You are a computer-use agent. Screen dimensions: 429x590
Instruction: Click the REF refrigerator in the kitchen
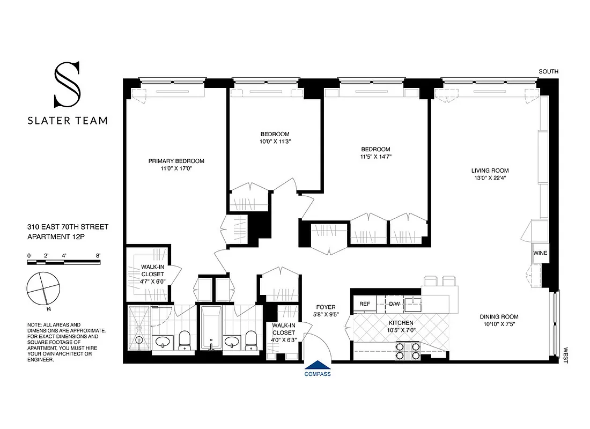point(365,304)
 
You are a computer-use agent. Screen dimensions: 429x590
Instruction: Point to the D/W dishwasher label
point(394,304)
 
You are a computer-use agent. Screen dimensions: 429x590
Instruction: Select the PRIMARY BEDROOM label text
point(176,161)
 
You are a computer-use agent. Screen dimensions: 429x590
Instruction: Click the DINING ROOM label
point(499,316)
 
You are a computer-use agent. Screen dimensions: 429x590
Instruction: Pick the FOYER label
point(326,307)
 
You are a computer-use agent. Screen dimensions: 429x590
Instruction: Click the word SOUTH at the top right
point(549,71)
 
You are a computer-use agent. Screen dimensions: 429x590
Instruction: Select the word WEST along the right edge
point(565,354)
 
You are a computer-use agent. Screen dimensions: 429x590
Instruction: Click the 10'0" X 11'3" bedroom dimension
point(275,142)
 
